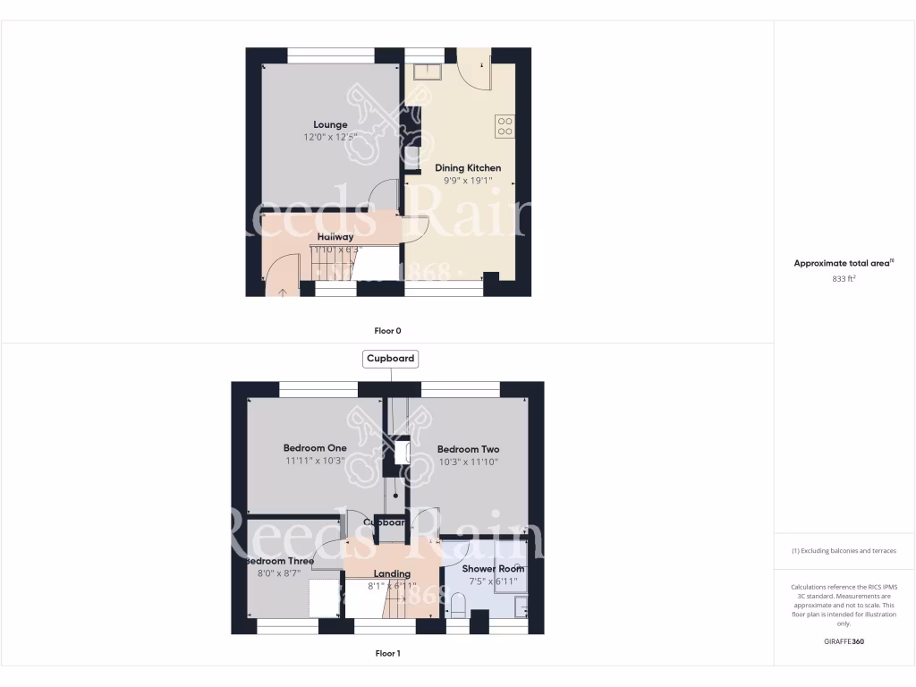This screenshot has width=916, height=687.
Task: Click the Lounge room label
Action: [x=330, y=124]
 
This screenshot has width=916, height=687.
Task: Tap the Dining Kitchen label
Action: [x=468, y=167]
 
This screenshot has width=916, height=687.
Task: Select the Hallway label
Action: [x=335, y=237]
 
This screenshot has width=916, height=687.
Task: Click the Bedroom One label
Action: [x=315, y=448]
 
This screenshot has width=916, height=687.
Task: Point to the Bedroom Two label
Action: [x=467, y=449]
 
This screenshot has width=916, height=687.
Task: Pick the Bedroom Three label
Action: [x=280, y=562]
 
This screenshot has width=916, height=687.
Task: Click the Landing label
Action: [x=392, y=573]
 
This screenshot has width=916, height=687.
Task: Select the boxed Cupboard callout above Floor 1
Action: [x=391, y=359]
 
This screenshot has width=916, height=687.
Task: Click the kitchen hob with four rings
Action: [x=505, y=126]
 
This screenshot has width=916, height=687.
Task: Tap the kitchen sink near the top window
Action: [x=427, y=71]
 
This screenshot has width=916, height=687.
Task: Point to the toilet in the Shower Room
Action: [x=455, y=607]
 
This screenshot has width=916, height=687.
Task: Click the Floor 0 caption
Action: [x=387, y=330]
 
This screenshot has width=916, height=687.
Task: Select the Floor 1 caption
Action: [x=387, y=653]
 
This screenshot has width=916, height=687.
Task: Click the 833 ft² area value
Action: [x=844, y=279]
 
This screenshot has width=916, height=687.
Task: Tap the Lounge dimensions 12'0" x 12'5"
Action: [x=330, y=138]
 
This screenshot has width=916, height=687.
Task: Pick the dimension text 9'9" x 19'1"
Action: [x=468, y=180]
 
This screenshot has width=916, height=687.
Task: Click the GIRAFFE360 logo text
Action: [x=844, y=641]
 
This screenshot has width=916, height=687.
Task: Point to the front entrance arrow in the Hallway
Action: [x=284, y=290]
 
